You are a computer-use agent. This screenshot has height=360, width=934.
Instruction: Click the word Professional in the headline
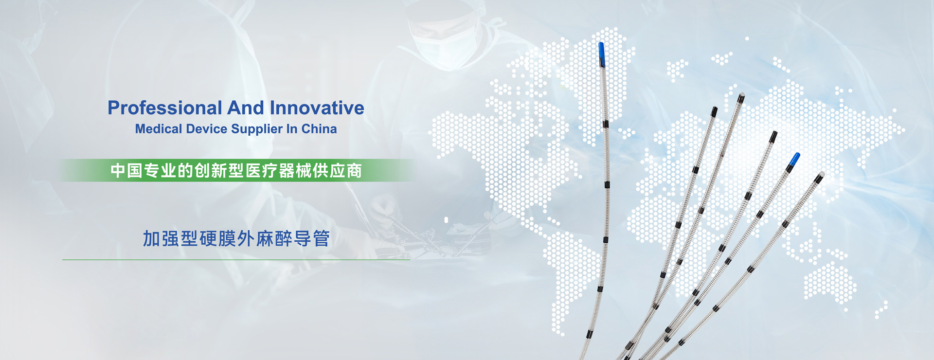pyautogui.click(x=165, y=108)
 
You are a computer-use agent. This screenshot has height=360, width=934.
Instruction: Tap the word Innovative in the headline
pyautogui.click(x=317, y=108)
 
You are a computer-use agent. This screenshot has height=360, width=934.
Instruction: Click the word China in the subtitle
pyautogui.click(x=319, y=129)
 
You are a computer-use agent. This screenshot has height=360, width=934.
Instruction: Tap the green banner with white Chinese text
pyautogui.click(x=236, y=170)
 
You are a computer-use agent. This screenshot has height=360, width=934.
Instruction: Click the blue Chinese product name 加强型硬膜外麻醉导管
pyautogui.click(x=236, y=239)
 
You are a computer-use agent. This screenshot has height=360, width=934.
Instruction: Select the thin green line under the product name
pyautogui.click(x=236, y=260)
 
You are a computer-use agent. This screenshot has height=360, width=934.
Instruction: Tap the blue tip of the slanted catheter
pyautogui.click(x=793, y=161)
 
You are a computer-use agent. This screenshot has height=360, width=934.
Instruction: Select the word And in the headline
pyautogui.click(x=246, y=108)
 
